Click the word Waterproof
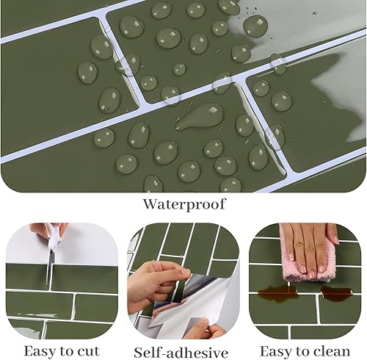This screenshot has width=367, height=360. [184, 204]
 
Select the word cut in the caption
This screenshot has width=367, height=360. [89, 352]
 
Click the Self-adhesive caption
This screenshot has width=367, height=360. [181, 353]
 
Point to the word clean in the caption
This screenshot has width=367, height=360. [333, 352]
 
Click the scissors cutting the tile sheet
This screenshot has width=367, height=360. [53, 250]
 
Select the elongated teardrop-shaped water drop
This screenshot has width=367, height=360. [200, 116]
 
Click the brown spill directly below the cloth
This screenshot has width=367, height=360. [278, 292]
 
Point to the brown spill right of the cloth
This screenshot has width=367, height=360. [337, 292]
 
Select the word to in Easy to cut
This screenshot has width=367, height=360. [68, 352]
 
